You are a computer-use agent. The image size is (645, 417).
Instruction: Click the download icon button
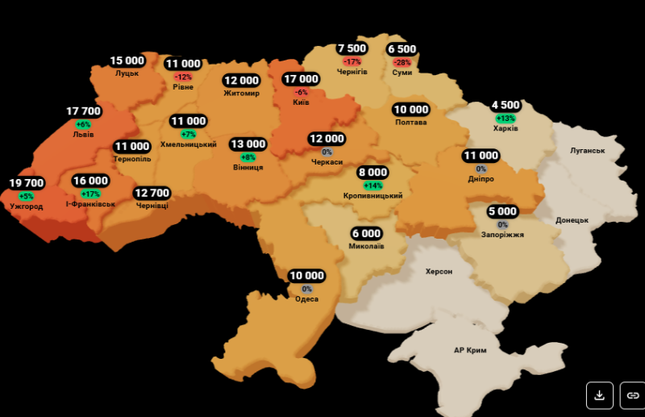[599, 395]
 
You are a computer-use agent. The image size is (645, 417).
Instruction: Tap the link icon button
[633, 395]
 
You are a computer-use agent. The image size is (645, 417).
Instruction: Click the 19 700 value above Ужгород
[27, 183]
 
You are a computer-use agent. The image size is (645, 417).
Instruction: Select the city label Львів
[83, 135]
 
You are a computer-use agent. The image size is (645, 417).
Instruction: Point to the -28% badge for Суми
[402, 62]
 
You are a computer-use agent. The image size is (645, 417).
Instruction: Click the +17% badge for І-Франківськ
[90, 194]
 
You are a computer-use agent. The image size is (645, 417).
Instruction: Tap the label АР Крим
[470, 350]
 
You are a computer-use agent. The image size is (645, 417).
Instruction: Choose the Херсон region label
[439, 272]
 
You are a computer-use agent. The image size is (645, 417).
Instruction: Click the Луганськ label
[586, 150]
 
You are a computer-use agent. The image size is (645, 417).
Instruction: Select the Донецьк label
[572, 220]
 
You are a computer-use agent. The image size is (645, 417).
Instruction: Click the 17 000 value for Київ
[301, 79]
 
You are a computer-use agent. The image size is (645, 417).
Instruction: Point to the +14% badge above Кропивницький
[372, 186]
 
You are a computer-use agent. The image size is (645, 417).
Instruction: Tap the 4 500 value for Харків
[506, 105]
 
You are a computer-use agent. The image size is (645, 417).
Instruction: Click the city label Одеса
[306, 299]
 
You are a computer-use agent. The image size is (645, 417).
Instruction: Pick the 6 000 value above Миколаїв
[366, 233]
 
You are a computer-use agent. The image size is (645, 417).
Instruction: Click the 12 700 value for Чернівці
[152, 193]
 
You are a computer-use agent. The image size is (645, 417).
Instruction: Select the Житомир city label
[241, 94]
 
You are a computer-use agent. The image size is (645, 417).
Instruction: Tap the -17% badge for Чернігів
[352, 61]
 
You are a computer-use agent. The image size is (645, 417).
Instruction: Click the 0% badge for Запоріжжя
[502, 224]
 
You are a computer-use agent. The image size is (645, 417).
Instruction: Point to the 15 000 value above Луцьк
[127, 60]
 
